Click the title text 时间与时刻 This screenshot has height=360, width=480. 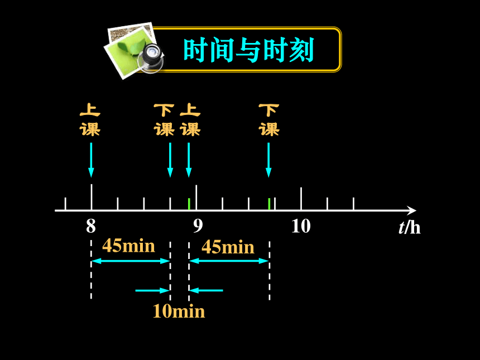[x=248, y=50]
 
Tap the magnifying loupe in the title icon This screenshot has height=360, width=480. [x=151, y=58]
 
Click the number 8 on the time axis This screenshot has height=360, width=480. [x=91, y=226]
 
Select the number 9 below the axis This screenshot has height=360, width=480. [x=198, y=226]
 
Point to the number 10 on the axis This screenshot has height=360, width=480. [x=301, y=226]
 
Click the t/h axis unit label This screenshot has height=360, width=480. [x=410, y=228]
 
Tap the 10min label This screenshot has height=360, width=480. [x=179, y=311]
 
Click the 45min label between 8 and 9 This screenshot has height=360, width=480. [x=128, y=246]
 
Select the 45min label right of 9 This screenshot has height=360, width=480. [x=228, y=247]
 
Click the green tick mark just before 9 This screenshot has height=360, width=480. [x=189, y=204]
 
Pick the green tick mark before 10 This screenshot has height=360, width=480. [x=269, y=204]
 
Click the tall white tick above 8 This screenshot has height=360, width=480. [x=92, y=197]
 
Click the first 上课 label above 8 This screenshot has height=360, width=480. [x=90, y=120]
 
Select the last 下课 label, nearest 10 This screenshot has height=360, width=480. [x=269, y=120]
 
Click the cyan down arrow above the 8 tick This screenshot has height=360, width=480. [x=91, y=160]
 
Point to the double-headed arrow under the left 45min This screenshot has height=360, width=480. [x=131, y=261]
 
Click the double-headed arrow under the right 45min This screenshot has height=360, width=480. [x=229, y=261]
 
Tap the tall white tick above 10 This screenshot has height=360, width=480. [x=301, y=199]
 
